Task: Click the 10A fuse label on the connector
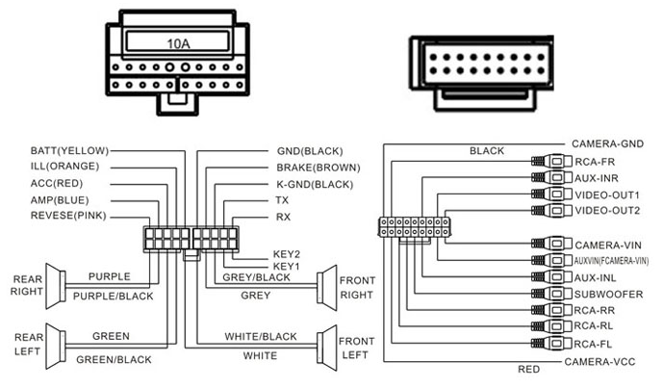(x=177, y=43)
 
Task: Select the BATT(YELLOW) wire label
(x=68, y=150)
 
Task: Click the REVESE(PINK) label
(x=67, y=216)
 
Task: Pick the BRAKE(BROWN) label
(x=317, y=167)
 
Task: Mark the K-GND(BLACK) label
(x=316, y=183)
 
